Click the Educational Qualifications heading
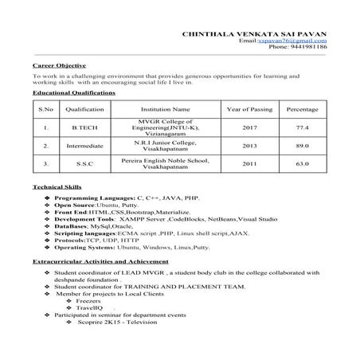pos(73,92)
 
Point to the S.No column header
pos(46,108)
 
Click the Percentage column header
pos(302,108)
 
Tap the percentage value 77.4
pos(302,127)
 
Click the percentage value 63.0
pos(302,164)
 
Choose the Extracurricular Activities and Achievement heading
pos(100,261)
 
